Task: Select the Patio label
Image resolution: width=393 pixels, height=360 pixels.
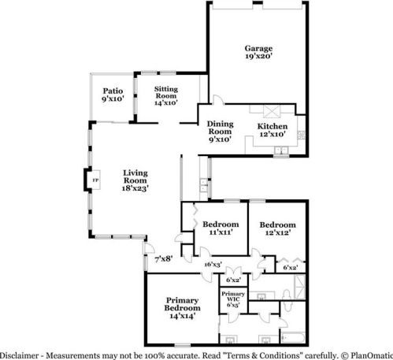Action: click(112, 92)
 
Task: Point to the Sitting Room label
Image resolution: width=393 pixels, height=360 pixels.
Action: click(165, 92)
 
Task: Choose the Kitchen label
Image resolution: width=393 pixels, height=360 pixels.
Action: click(272, 126)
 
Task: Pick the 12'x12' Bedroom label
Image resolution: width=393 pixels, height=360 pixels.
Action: click(277, 225)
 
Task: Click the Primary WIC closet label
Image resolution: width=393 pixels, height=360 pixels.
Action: click(233, 297)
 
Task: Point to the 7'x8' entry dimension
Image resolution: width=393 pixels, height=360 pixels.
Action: click(162, 259)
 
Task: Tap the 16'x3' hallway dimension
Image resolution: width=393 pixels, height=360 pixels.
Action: click(212, 265)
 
